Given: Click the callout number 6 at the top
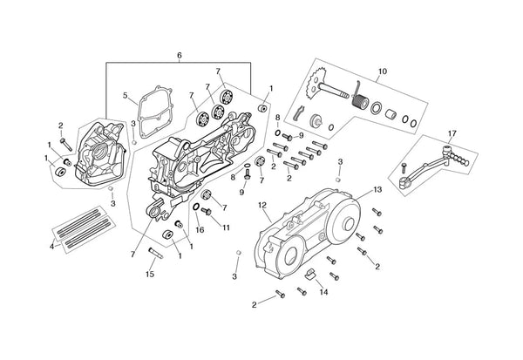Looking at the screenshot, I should coord(179,56).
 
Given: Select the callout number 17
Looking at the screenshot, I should coord(452,132).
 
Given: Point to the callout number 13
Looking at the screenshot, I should coord(377,189).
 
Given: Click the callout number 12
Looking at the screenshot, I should coord(261,206).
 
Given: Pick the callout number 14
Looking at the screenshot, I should coord(323,293).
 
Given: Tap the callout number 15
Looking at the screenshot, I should coord(150,275).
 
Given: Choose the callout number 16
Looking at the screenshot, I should coord(200,230).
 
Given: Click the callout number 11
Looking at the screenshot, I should coord(226,228).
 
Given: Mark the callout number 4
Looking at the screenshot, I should coord(52,246).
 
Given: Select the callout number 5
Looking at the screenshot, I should coord(126,95).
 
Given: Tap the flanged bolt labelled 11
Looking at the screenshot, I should coord(207,211).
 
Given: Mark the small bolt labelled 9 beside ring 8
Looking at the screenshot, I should coord(288,138).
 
